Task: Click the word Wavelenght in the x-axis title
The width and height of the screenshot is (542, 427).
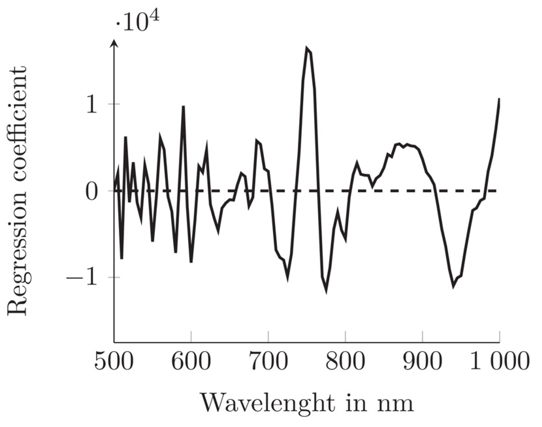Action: coord(267,404)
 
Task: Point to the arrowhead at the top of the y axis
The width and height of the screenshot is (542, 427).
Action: coord(114,44)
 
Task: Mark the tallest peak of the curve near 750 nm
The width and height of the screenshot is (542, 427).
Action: coord(307,49)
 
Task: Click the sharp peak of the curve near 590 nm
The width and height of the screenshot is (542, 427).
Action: coord(183,107)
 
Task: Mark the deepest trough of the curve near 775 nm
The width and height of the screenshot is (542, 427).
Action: coord(326,291)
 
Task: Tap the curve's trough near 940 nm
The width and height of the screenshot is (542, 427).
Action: coord(454,286)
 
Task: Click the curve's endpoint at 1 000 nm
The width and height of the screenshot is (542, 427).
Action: coord(499,99)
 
